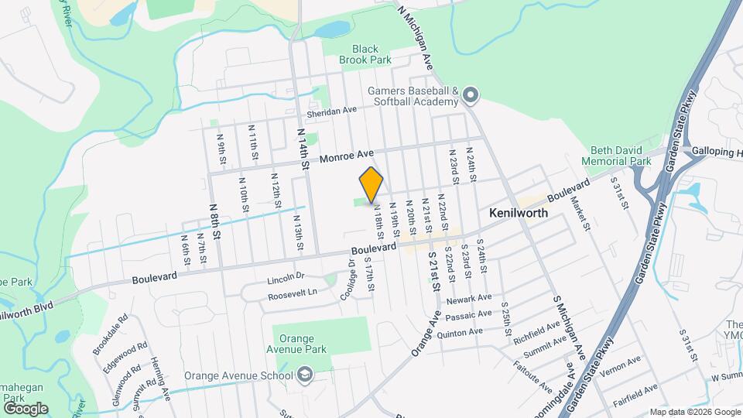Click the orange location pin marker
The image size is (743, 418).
coord(371,184)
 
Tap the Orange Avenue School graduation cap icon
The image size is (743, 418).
coord(305,376)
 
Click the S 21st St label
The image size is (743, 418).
coord(434,276)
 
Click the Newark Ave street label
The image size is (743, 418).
coord(473,298)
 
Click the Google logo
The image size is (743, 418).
coord(26,409)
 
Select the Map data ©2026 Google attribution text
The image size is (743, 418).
coord(694,412)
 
